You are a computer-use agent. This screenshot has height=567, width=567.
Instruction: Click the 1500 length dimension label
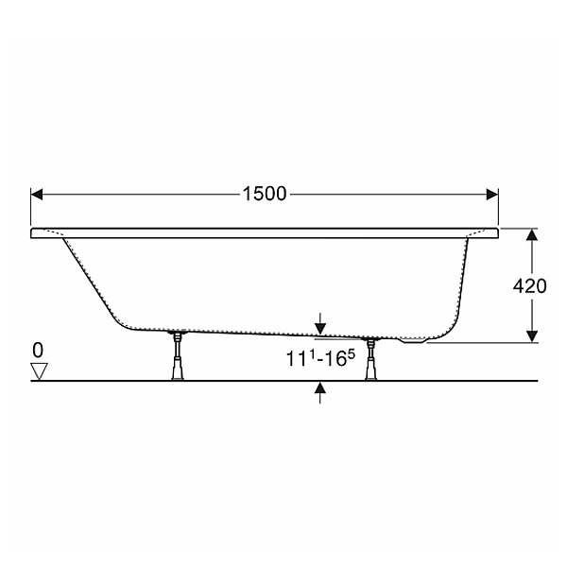[265, 194]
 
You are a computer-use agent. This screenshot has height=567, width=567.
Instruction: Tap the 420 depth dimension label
[530, 286]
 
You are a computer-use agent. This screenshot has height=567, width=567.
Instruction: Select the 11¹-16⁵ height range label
[320, 359]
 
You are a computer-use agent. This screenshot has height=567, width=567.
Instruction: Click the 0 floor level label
[38, 350]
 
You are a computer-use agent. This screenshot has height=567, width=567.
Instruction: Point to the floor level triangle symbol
[39, 371]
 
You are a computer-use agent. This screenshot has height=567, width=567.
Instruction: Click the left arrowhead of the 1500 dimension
[37, 194]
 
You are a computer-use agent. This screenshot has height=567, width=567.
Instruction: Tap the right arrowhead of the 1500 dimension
[492, 194]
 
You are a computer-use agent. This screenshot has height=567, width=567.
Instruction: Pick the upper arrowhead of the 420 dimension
[531, 234]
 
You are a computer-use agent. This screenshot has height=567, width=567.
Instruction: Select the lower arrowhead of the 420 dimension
[531, 336]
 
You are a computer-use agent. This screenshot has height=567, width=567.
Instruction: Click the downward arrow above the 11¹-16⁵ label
[320, 324]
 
